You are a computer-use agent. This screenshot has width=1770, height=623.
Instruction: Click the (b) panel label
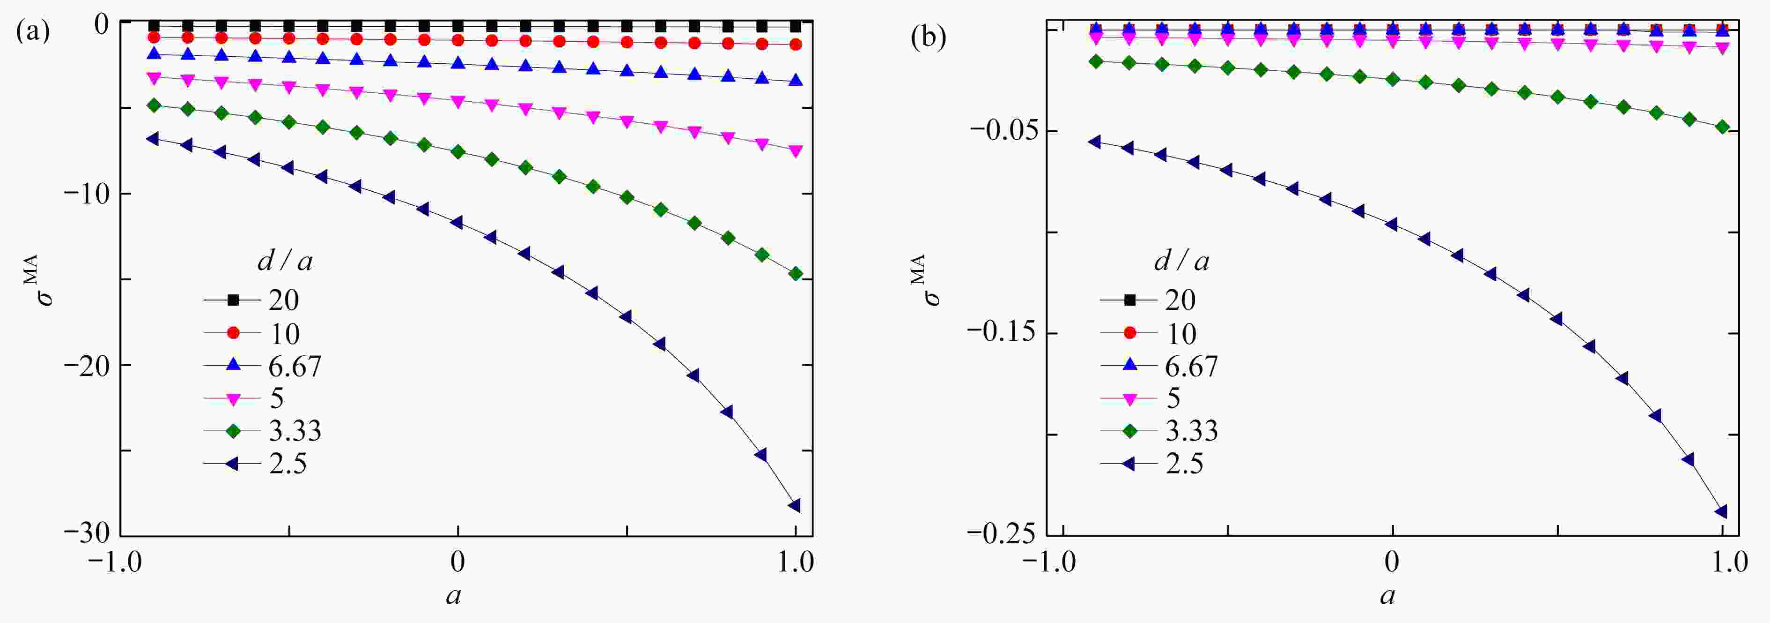(x=928, y=38)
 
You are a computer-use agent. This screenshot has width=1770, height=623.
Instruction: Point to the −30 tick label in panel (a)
(x=86, y=535)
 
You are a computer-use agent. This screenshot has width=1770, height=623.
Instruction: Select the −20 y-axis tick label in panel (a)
(x=86, y=365)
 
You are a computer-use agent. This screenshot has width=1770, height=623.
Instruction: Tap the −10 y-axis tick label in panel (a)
(x=86, y=194)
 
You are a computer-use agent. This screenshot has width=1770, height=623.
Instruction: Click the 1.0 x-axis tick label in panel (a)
(x=796, y=563)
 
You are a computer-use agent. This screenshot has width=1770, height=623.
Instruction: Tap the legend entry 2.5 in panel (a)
(x=287, y=464)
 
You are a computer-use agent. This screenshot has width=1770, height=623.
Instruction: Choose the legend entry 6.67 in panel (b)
(x=1191, y=366)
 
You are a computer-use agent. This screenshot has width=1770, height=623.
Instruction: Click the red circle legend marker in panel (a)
(x=233, y=333)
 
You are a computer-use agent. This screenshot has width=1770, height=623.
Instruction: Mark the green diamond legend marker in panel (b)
(x=1129, y=431)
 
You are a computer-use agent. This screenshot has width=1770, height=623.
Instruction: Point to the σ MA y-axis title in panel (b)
(x=928, y=278)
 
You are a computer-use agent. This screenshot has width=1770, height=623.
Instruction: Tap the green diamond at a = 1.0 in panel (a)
(x=796, y=274)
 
